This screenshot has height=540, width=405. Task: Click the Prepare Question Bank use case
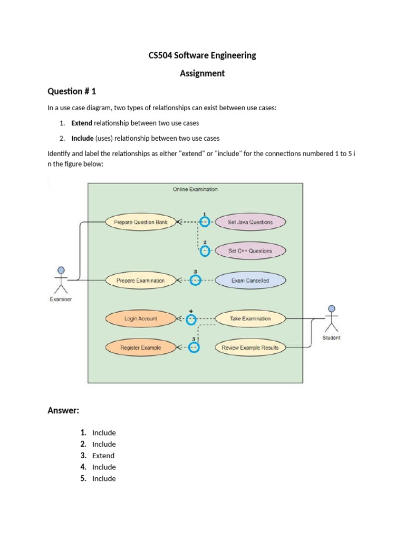[x=141, y=222]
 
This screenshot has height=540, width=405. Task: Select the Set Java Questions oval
[x=250, y=222]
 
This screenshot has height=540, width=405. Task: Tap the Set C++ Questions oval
[x=250, y=251]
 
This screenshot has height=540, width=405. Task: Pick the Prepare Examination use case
[x=141, y=281]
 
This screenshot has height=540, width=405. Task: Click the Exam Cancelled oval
[x=250, y=281]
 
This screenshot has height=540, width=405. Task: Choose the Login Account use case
[x=141, y=319]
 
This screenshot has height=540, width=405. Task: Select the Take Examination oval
[x=250, y=319]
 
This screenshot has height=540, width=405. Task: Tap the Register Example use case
[x=141, y=348]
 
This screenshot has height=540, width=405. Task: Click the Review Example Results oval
[x=250, y=348]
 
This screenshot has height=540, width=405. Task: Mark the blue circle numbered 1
[x=205, y=222]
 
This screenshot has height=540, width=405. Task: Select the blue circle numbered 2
[x=205, y=251]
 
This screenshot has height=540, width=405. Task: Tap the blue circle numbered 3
[x=196, y=281]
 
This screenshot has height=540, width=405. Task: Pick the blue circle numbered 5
[x=194, y=348]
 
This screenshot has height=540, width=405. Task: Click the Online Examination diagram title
[x=195, y=189]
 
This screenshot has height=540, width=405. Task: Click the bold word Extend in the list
[x=82, y=123]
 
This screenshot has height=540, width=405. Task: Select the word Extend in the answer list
[x=103, y=456]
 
